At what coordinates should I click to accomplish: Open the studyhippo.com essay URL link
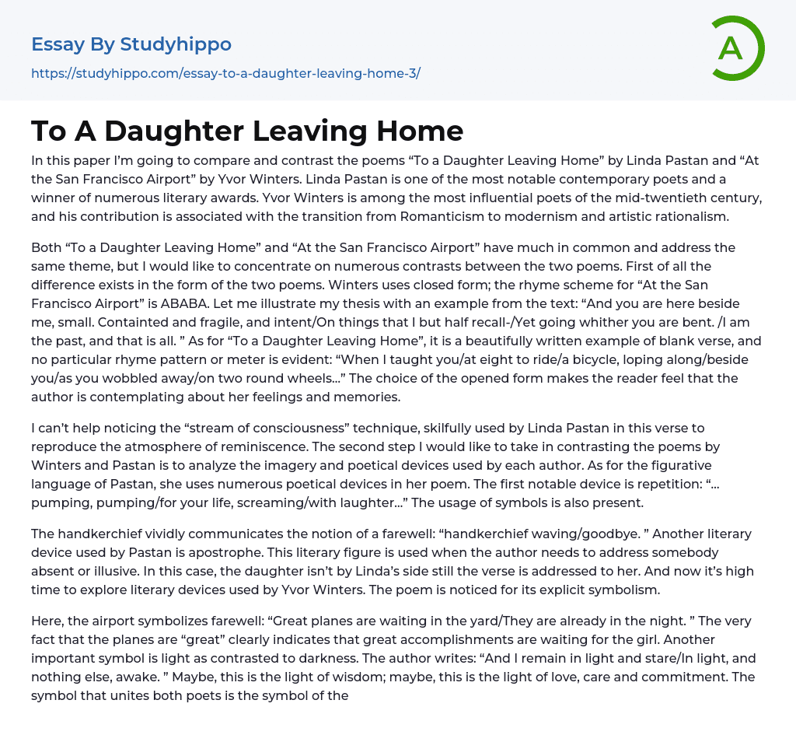[225, 74]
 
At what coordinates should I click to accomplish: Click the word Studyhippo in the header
[176, 44]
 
